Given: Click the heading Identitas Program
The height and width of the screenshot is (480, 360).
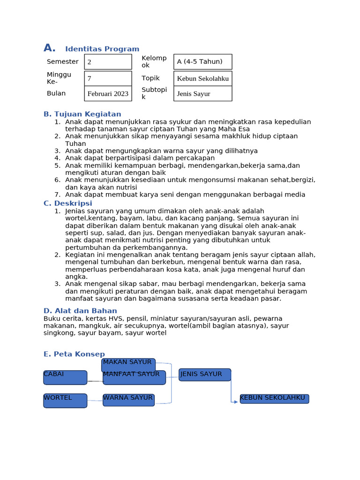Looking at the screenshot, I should tap(102, 49).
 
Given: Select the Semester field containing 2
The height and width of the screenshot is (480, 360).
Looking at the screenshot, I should tap(108, 62).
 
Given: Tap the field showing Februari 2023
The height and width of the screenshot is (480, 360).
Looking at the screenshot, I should tap(108, 94).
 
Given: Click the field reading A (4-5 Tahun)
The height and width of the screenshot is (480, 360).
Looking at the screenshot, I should tap(202, 62).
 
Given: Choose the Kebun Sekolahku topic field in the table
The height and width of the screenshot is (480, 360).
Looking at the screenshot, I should tap(202, 78).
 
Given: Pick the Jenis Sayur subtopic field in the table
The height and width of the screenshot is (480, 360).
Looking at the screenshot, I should tap(202, 94).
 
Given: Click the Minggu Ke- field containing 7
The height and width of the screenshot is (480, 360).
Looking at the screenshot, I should tap(108, 78).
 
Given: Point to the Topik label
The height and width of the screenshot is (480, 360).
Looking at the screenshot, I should tap(150, 78).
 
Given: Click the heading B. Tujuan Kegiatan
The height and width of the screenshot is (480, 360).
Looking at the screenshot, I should tap(82, 114).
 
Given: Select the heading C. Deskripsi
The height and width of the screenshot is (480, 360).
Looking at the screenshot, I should tap(67, 203).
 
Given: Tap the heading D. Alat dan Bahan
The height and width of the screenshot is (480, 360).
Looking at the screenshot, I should tap(80, 311).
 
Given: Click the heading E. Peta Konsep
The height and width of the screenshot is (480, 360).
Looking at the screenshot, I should tap(74, 354).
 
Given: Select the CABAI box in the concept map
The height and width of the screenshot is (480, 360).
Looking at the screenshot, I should tap(65, 377).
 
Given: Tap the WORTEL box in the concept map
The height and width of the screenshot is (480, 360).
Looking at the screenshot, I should tap(65, 400).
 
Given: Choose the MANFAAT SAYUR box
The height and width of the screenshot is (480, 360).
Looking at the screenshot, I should tap(134, 377).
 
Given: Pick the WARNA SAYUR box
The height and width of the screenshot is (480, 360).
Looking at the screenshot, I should tap(128, 400).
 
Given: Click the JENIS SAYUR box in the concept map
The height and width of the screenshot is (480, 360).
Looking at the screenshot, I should tap(205, 375).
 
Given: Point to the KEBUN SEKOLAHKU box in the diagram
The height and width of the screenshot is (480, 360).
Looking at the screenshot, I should tap(274, 399).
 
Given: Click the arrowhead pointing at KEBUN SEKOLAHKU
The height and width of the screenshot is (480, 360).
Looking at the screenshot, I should tap(236, 402).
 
